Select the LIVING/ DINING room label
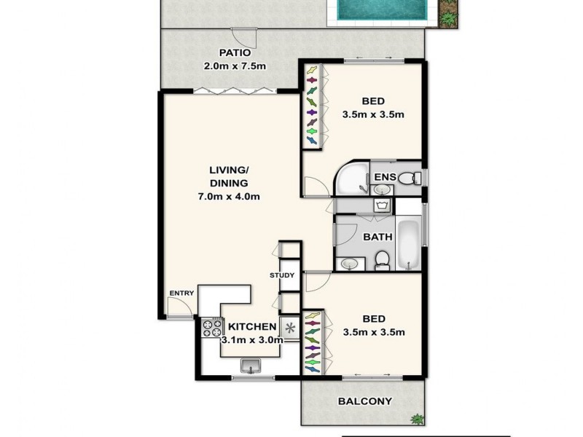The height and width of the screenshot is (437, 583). pos(229,177)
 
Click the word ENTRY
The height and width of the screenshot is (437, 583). pos(181,293)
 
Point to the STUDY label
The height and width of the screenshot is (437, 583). pos(281,275)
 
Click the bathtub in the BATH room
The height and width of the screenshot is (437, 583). pos(409,238)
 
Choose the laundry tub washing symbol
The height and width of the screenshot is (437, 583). pos(381,206)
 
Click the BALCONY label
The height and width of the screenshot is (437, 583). pos(365,401)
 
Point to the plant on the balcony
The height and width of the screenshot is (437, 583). pos(417,419)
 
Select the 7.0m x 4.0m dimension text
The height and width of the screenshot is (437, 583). pos(229,196)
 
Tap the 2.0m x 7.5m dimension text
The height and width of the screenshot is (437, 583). pos(234,66)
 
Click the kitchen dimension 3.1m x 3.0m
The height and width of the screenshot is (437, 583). pos(252,339)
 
